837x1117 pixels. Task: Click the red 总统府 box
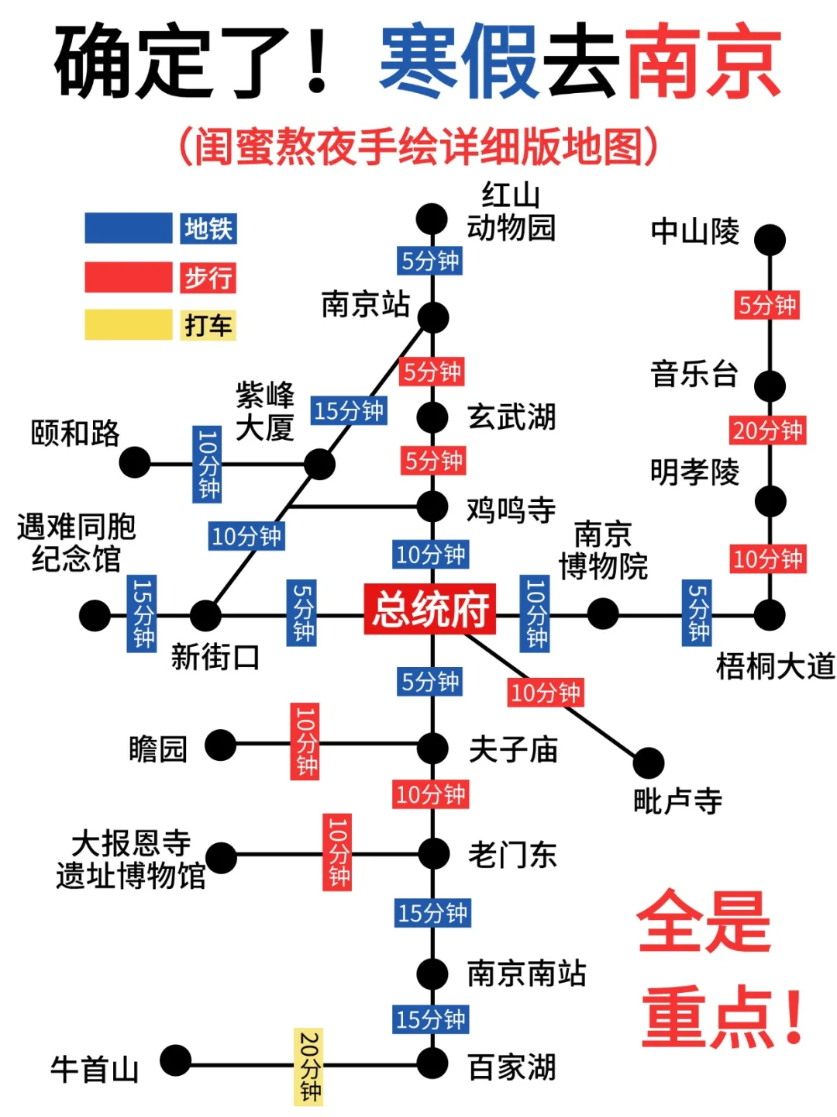430,609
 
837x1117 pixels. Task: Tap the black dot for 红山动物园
432,220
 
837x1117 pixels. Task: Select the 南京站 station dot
432,317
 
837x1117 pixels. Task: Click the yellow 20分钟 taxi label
308,1067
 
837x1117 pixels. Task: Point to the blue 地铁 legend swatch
128,229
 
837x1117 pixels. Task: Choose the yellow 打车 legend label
208,325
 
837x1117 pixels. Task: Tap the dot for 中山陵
770,240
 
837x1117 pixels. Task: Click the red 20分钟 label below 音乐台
767,431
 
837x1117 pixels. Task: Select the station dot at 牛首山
176,1061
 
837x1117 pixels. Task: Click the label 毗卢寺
677,801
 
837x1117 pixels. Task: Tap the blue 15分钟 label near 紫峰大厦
349,410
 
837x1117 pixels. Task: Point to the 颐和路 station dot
135,463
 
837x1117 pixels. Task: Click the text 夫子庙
513,749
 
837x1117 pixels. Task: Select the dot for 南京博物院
603,614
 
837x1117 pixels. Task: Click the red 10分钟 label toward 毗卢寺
545,692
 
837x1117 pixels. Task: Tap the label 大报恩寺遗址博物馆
130,859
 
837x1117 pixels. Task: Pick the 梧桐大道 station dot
770,615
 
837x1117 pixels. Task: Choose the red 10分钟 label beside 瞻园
305,741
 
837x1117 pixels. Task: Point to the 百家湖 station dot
432,1063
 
